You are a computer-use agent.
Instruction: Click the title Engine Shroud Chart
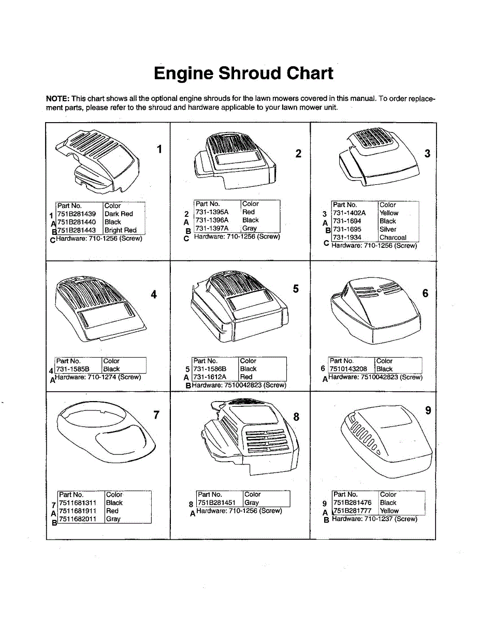click(x=243, y=73)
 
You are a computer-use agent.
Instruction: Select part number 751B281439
click(x=77, y=214)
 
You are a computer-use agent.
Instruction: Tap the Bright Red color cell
click(x=121, y=230)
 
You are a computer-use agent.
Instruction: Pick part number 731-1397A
click(x=212, y=228)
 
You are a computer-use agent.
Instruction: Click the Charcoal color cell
click(x=393, y=238)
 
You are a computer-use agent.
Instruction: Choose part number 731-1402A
click(x=350, y=213)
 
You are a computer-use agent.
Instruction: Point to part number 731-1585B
click(x=73, y=369)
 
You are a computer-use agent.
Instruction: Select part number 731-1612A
click(x=210, y=377)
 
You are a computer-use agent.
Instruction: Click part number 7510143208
click(x=349, y=369)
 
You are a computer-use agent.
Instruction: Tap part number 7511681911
click(x=78, y=511)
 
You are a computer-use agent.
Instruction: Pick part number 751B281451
click(x=216, y=502)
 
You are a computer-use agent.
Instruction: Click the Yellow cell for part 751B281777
click(x=389, y=511)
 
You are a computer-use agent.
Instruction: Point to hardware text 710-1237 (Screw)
click(x=390, y=519)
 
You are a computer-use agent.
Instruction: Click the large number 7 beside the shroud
click(x=157, y=415)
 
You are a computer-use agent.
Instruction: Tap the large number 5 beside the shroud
click(x=296, y=289)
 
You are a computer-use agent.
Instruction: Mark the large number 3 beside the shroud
click(x=427, y=154)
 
